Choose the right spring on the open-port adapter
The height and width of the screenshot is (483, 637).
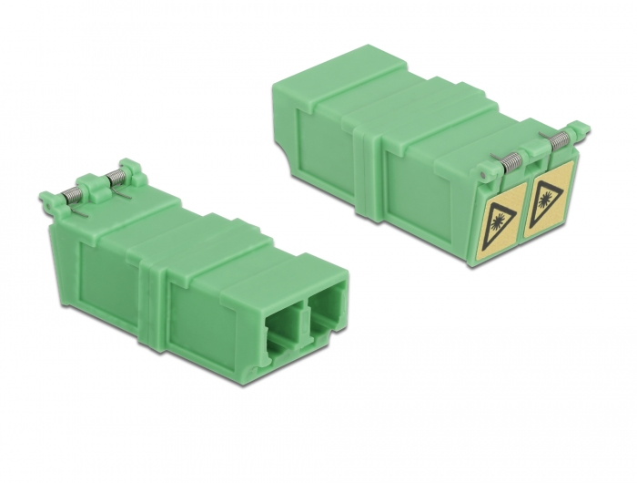115,173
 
